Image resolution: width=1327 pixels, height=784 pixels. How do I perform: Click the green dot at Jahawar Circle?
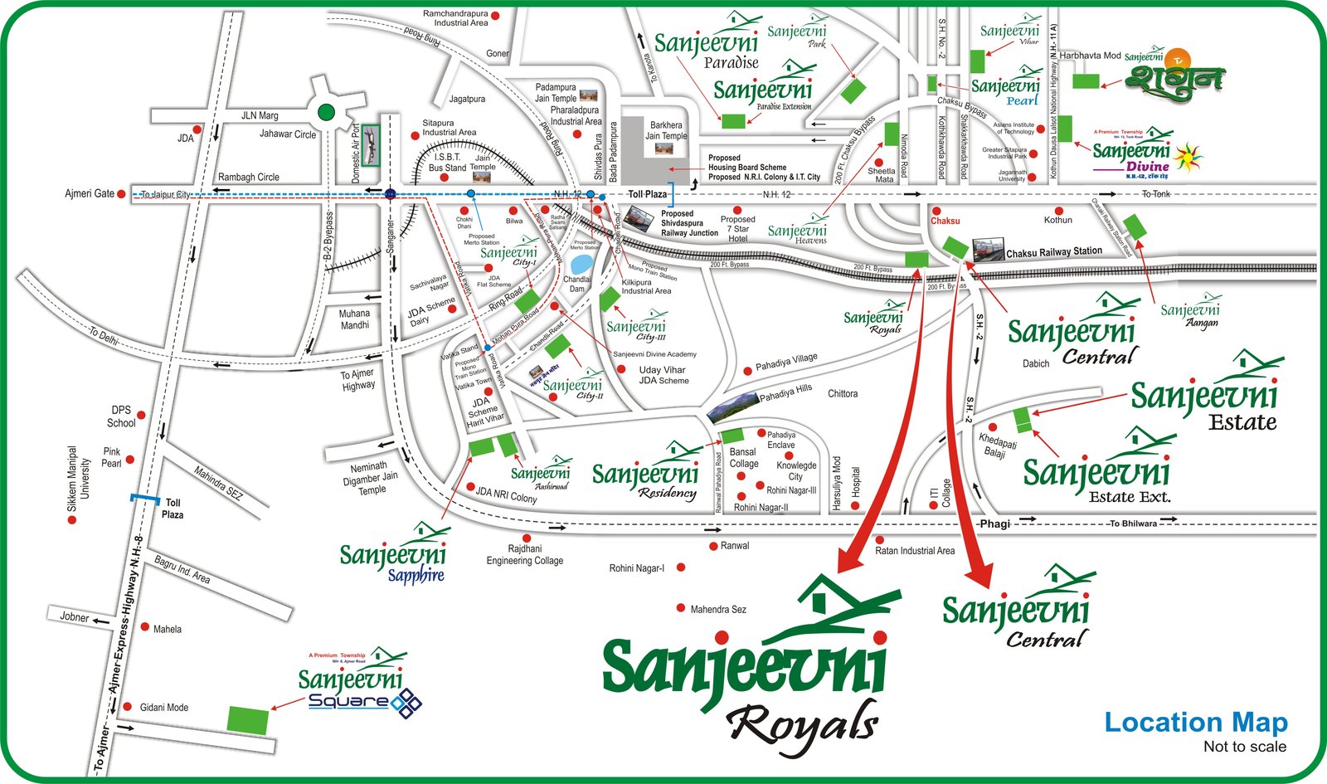tap(327, 112)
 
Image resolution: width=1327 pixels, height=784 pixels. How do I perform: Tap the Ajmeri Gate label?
tap(90, 193)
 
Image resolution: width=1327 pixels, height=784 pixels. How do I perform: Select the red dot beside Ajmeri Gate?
tap(121, 194)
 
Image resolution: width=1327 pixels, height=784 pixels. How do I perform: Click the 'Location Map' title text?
tap(1195, 723)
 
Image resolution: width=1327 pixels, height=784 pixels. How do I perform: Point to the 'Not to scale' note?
tap(1244, 747)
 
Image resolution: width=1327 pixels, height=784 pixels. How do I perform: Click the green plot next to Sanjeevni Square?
tap(248, 719)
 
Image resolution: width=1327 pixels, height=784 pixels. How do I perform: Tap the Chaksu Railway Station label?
tap(1053, 251)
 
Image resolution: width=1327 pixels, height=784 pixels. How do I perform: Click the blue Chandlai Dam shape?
tap(581, 264)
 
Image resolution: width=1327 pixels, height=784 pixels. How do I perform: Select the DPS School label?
tap(121, 416)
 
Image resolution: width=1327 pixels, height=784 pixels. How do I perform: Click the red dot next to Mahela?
tap(145, 627)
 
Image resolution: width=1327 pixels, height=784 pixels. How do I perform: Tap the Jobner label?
tap(75, 617)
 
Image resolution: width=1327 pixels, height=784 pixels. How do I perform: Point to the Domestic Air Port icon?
tap(370, 146)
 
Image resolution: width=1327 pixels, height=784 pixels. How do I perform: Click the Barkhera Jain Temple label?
tap(666, 131)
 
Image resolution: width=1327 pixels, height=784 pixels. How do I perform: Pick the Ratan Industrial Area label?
tap(915, 551)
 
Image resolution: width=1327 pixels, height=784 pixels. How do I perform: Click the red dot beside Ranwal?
tap(713, 546)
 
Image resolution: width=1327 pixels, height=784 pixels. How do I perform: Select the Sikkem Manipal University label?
tap(79, 480)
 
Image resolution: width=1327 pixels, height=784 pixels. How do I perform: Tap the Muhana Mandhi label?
tap(354, 319)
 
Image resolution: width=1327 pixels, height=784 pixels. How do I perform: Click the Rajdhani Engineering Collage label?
tap(524, 555)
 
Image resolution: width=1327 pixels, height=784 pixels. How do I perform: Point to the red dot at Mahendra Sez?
tap(681, 608)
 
